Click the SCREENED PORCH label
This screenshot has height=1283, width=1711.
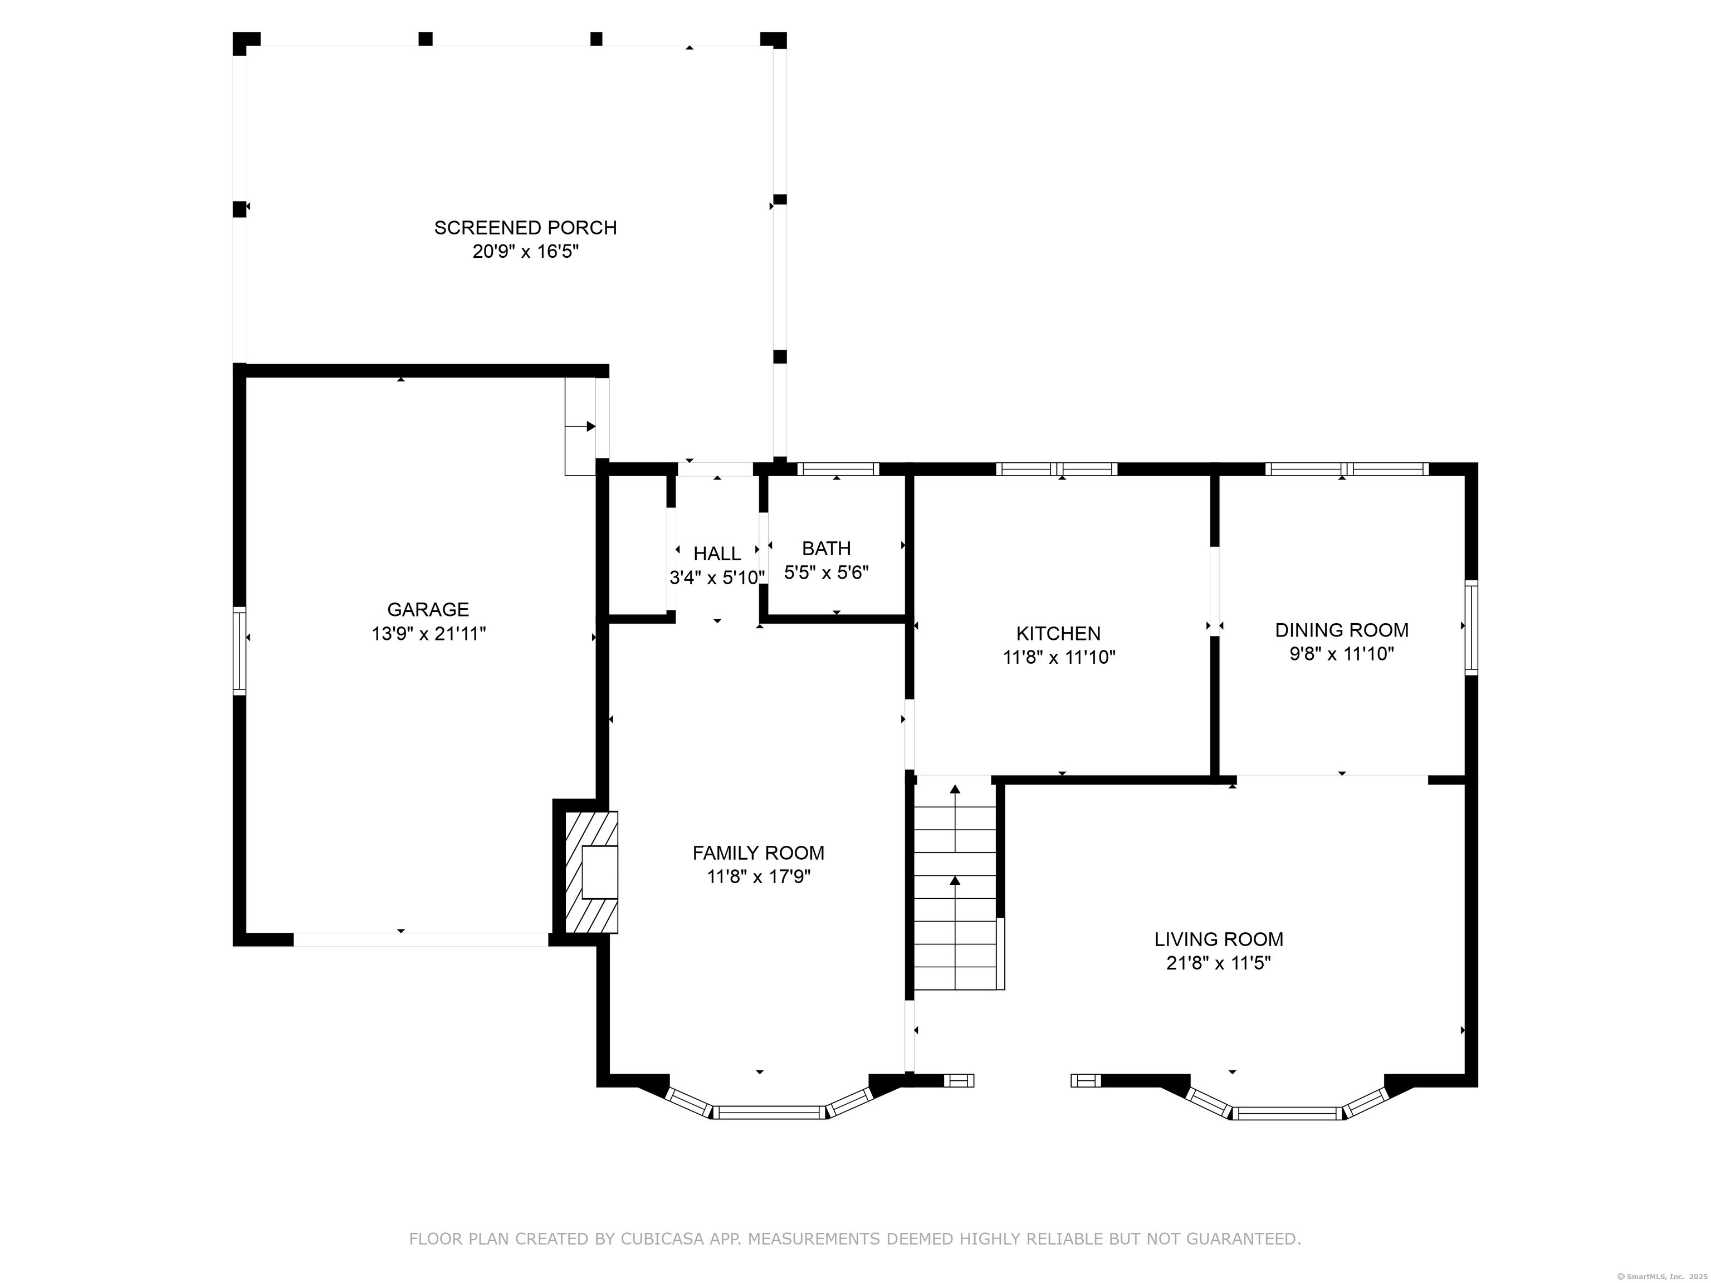[525, 227]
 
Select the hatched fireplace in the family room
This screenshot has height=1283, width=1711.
[591, 871]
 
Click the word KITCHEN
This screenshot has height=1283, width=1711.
[1058, 633]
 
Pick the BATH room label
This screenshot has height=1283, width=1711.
[826, 549]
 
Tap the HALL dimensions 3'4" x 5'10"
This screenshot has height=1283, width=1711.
[717, 577]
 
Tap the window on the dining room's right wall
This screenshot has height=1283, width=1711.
[1470, 627]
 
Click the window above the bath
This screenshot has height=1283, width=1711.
[838, 469]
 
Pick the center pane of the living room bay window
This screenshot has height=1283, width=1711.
[1288, 1114]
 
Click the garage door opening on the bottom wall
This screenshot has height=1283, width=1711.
[421, 939]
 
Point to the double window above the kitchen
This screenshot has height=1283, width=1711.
[1056, 469]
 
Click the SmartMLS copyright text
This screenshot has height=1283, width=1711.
[1661, 1276]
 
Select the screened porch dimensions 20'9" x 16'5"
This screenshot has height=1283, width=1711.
[525, 251]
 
